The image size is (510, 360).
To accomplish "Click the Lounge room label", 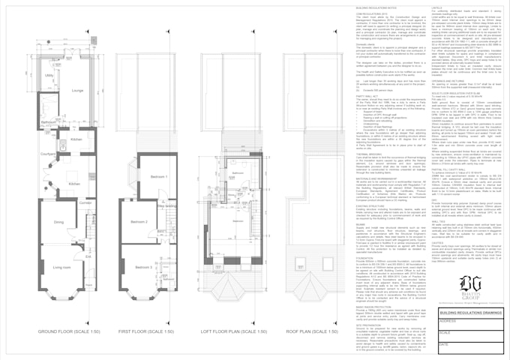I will (x=77, y=91).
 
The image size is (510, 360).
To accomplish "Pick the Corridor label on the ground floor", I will (x=84, y=203).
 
